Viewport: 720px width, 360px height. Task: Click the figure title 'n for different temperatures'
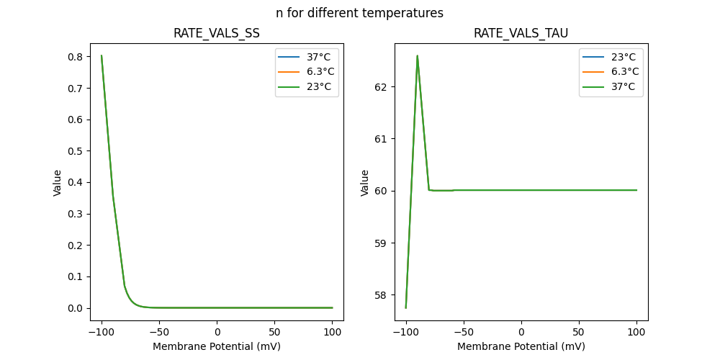point(359,13)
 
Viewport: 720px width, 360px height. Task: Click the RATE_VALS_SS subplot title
point(216,34)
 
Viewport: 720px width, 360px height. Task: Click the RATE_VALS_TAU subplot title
point(521,34)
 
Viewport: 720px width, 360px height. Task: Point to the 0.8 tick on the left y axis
point(75,56)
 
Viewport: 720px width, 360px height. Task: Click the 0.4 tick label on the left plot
point(75,182)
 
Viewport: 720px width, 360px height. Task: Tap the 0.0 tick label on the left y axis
point(75,308)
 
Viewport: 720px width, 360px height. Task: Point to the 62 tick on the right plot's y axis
point(382,86)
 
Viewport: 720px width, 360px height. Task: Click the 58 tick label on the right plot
point(382,294)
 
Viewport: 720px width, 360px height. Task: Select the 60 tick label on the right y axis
point(382,191)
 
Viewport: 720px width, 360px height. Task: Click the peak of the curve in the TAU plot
point(417,55)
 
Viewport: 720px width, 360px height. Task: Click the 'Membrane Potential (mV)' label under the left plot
point(216,346)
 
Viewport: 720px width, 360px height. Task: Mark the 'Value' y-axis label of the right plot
point(365,182)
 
